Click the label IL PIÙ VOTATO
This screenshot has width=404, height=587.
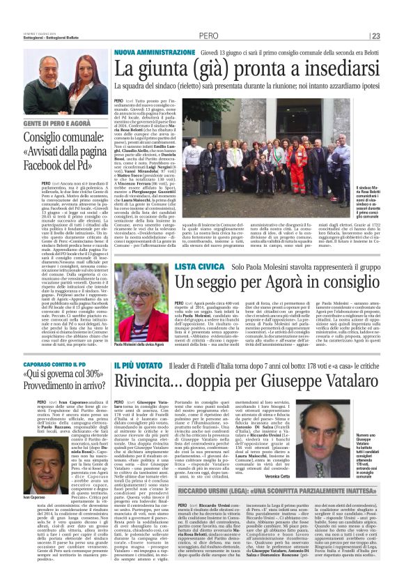click(x=137, y=365)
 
